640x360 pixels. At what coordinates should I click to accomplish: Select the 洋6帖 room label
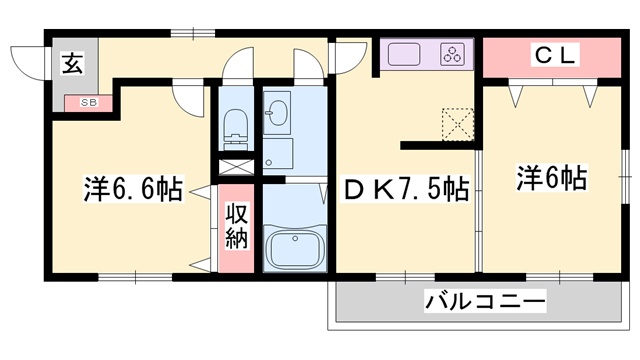coord(551,179)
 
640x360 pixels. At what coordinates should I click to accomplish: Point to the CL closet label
coord(553,57)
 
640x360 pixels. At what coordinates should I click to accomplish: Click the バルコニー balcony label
coord(485,301)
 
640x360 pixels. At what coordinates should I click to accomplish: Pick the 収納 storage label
coord(236,225)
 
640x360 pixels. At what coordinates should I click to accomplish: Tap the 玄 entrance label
coord(73,65)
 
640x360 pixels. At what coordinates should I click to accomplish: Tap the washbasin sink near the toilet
coord(276,110)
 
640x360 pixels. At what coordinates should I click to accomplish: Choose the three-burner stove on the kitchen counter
coord(453,53)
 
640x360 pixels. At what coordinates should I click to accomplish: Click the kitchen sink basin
coord(402,53)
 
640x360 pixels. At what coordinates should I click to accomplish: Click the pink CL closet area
coord(552,57)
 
